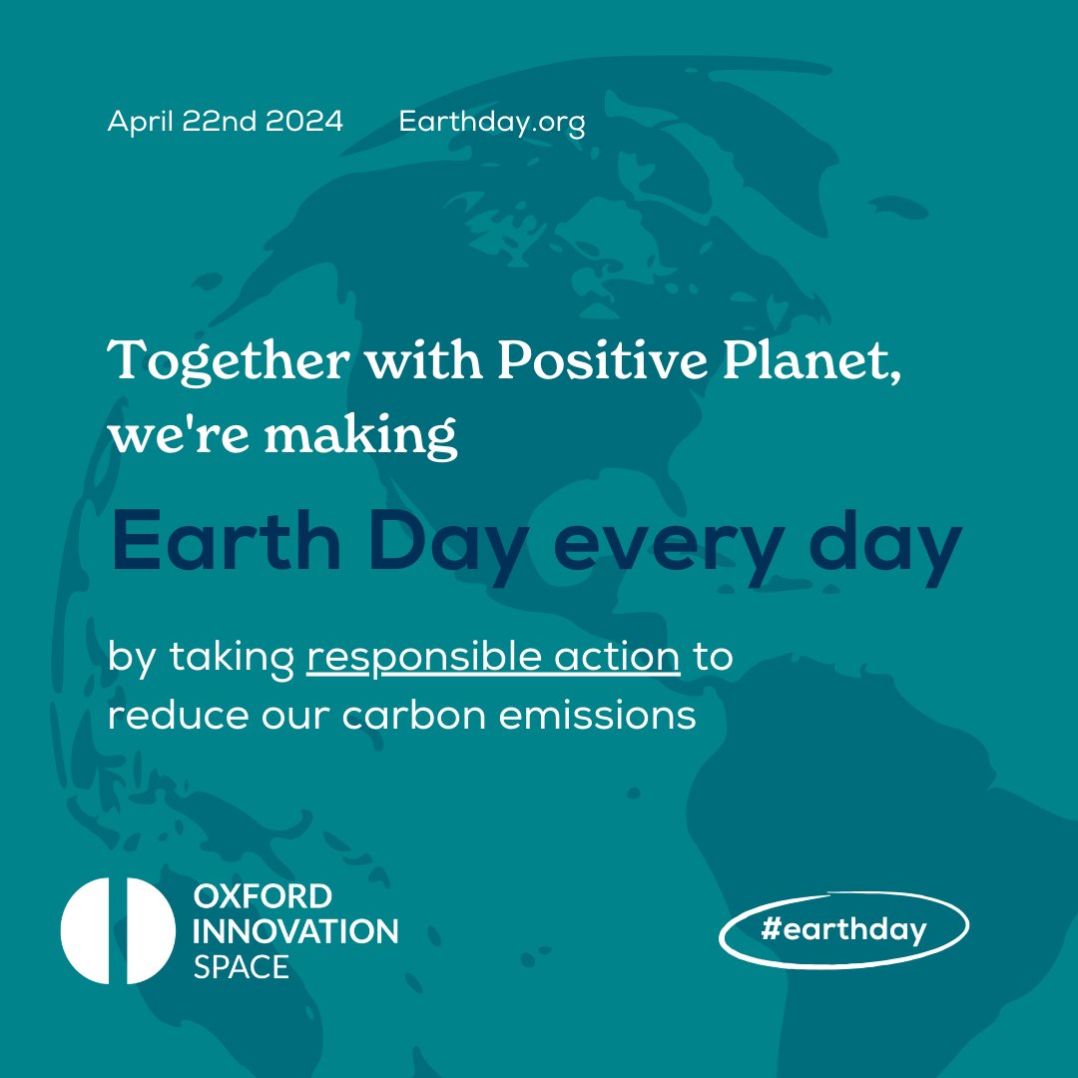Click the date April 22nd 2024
225,122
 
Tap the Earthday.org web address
491,123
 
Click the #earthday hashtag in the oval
843,930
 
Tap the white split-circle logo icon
118,930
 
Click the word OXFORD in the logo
263,895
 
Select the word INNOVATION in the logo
295,931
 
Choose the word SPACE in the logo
242,966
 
